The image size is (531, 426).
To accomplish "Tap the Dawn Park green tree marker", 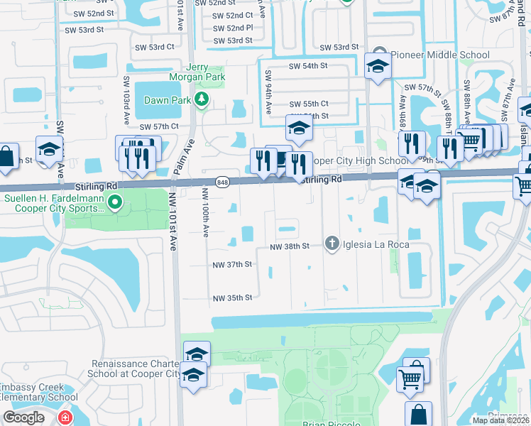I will (202, 99).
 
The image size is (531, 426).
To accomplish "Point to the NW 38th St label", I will (290, 246).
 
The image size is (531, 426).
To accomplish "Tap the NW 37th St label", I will (233, 264).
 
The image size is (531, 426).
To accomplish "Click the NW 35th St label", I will (233, 297).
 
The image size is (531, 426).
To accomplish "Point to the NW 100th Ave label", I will (205, 211).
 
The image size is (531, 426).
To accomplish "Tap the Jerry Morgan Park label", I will (197, 71).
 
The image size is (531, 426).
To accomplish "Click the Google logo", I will (24, 417).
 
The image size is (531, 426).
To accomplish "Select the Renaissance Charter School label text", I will (136, 368).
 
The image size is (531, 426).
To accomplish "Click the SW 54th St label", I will (307, 65).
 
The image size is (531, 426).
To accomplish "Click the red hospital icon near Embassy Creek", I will (65, 417).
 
